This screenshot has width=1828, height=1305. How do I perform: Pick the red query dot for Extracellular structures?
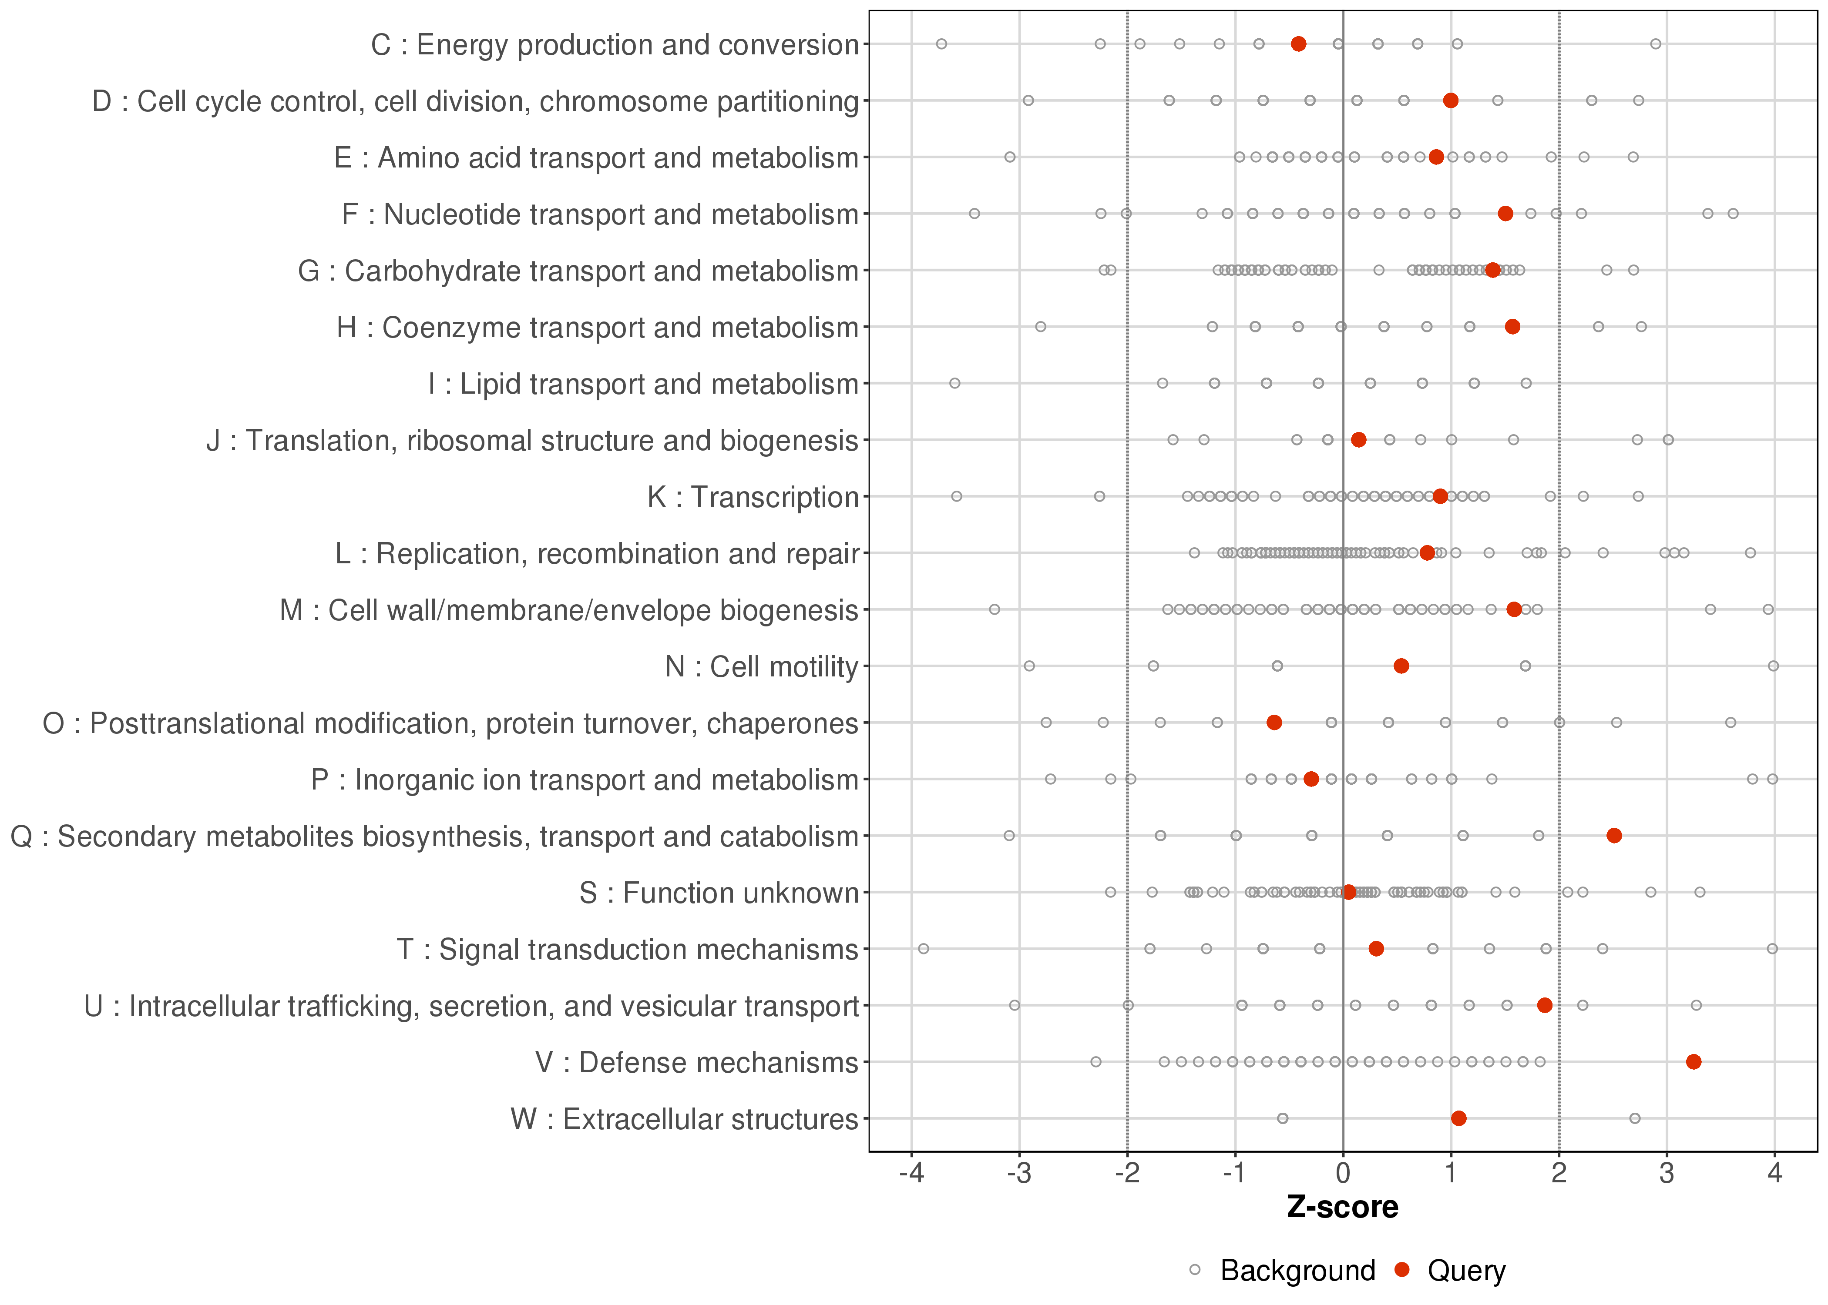(x=1458, y=1118)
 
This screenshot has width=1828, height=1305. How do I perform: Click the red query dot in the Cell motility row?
(x=1401, y=666)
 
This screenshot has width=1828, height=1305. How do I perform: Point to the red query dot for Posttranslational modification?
(x=1274, y=723)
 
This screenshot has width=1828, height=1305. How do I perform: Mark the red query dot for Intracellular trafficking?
(x=1544, y=1005)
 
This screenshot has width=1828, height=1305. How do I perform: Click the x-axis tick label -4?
(x=911, y=1174)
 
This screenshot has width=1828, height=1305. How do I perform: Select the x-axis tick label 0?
(x=1342, y=1174)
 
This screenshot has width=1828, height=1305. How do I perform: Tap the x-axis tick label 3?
(x=1667, y=1174)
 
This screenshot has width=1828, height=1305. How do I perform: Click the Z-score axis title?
(x=1342, y=1208)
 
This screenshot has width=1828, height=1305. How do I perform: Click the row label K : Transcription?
(x=753, y=497)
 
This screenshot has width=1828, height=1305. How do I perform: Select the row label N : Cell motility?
(x=761, y=667)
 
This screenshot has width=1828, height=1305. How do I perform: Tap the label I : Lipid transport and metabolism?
(x=643, y=384)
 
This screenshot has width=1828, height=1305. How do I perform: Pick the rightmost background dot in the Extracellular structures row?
(x=1634, y=1118)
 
